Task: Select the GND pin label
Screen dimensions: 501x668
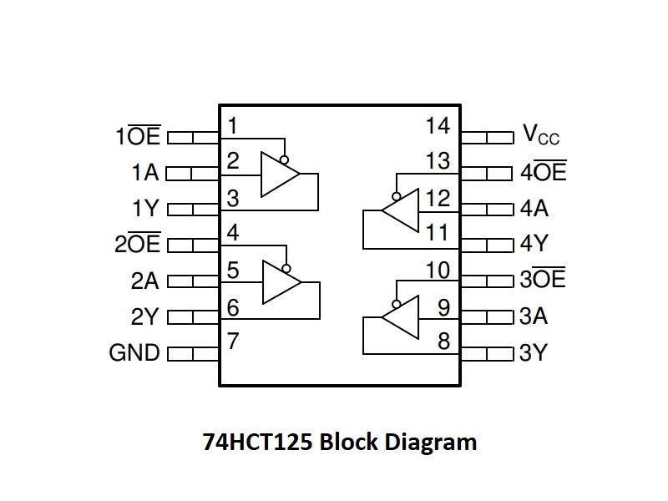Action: (134, 352)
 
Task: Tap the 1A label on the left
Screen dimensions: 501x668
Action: (144, 173)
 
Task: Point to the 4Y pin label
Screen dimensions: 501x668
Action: (534, 245)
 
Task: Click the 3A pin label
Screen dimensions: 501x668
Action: (534, 316)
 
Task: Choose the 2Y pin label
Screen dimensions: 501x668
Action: (144, 316)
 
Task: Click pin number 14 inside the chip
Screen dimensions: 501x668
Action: (438, 126)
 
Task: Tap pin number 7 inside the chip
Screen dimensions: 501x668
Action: (233, 341)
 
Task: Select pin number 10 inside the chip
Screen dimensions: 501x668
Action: (438, 271)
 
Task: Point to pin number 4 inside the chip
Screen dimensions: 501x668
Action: (233, 233)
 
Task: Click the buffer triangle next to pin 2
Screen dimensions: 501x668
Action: (278, 175)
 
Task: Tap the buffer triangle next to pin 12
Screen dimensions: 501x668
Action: (401, 210)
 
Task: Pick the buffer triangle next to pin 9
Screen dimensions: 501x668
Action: (400, 318)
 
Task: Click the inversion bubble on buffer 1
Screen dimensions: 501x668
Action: (286, 159)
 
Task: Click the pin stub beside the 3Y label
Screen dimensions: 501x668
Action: (487, 352)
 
